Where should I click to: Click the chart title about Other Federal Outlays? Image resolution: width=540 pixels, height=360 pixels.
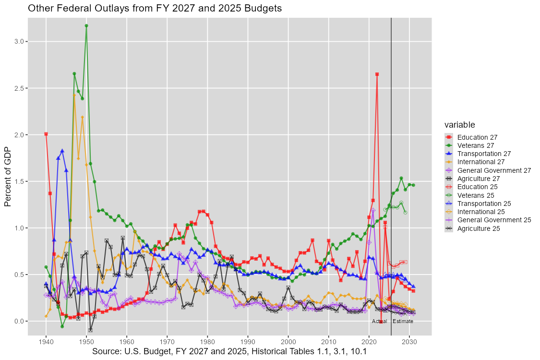point(155,9)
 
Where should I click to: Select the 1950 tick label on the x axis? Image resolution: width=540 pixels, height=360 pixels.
point(86,342)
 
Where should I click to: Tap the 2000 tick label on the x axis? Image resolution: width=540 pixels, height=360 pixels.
point(288,342)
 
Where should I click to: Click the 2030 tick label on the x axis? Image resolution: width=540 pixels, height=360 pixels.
point(409,342)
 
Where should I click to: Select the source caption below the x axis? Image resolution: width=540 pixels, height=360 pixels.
point(229,352)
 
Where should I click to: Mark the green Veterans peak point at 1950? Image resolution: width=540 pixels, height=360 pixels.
point(86,25)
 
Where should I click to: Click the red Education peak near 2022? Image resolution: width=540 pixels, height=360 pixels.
point(377,74)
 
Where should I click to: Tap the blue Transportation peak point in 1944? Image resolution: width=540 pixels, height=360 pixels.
point(62,151)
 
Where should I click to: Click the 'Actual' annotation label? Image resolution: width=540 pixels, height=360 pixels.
point(379,321)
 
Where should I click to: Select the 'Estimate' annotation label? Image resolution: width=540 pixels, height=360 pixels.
point(403,321)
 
